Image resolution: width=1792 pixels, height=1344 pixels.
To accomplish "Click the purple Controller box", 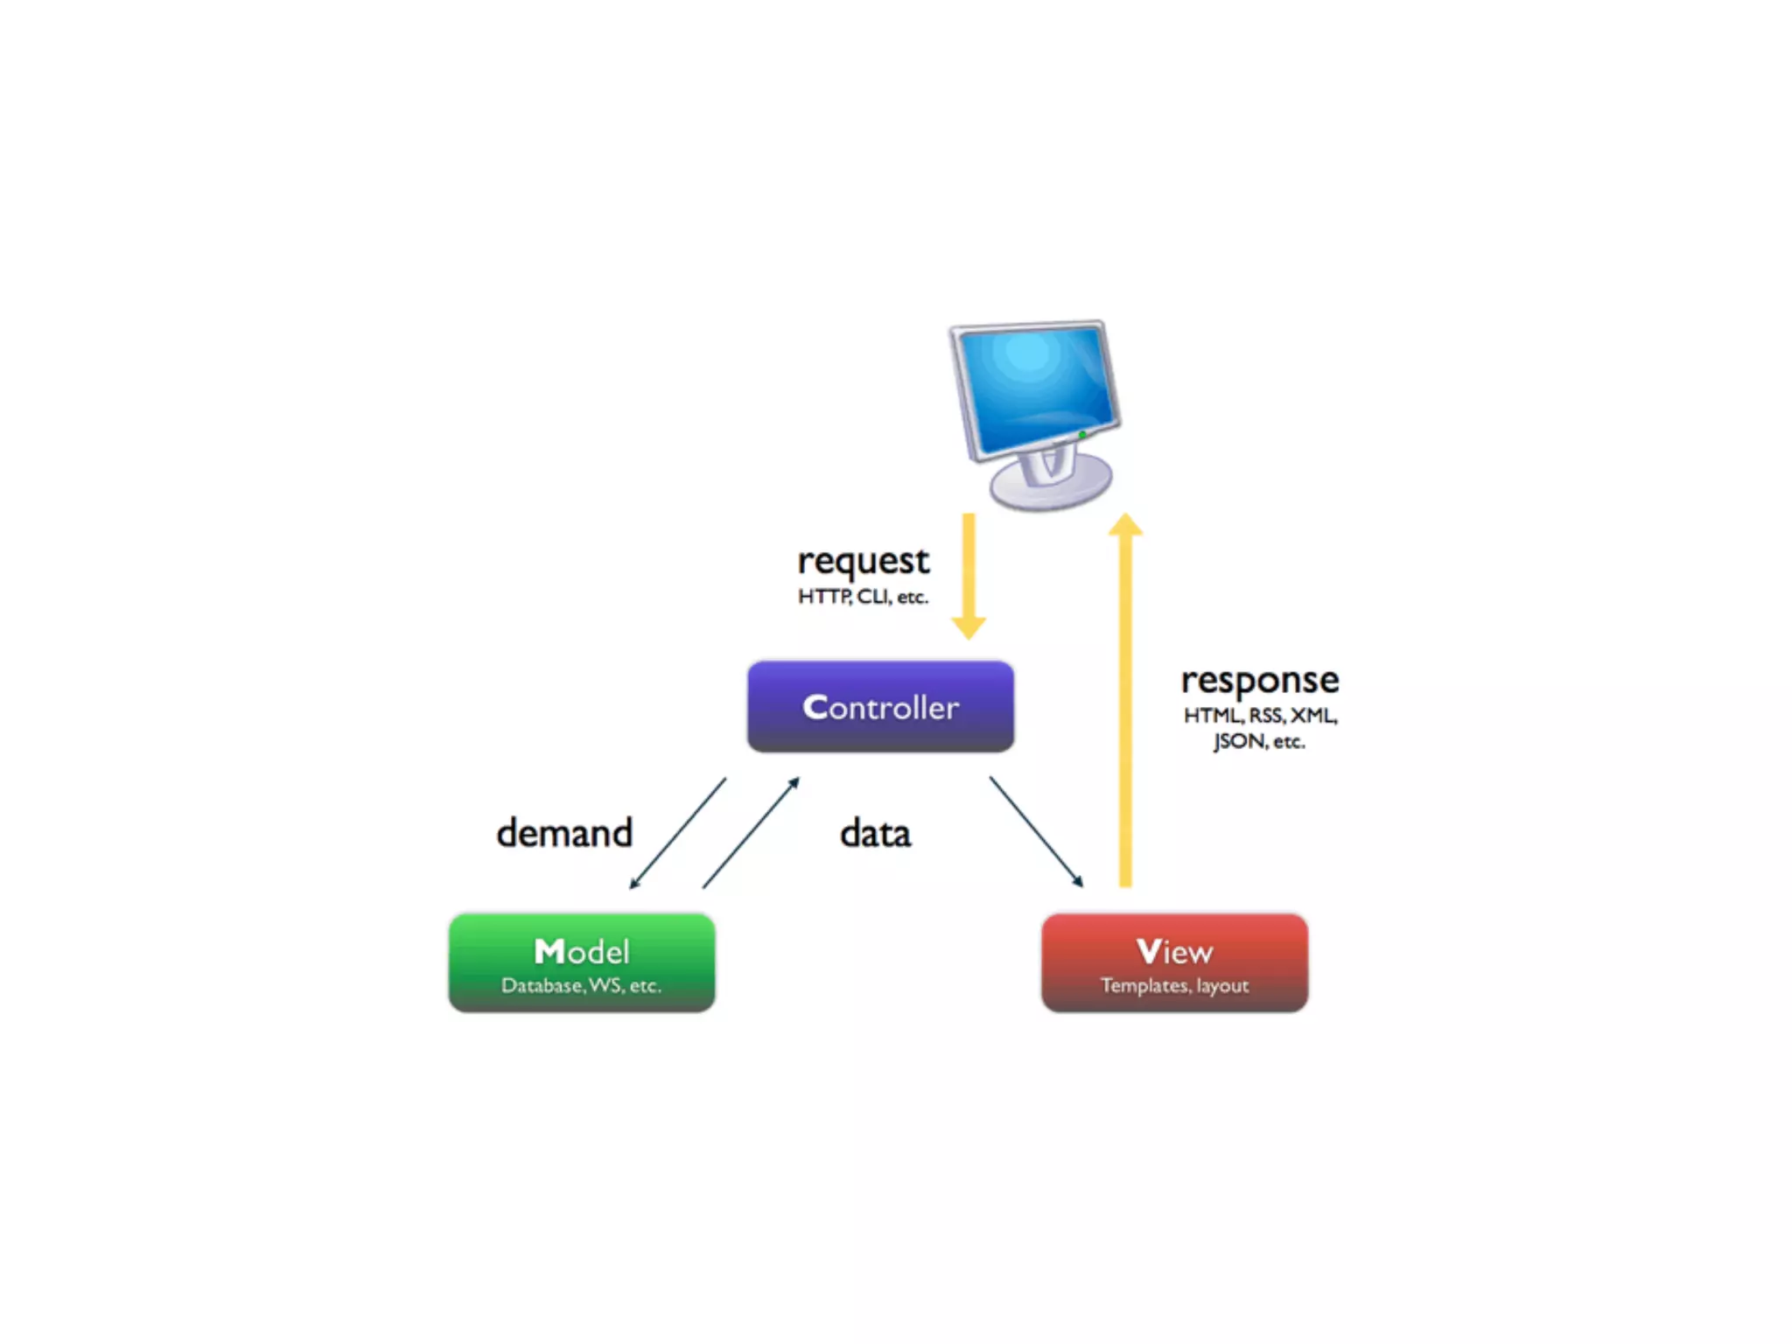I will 880,707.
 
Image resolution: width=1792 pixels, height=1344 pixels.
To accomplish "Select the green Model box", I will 582,962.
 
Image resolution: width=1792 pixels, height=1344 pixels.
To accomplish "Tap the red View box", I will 1174,962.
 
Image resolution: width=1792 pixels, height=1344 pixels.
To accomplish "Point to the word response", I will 1259,681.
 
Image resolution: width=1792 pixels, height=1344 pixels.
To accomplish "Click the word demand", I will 564,833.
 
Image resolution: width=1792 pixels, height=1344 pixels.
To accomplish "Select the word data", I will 875,834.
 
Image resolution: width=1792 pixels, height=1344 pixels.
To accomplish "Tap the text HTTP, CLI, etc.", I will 863,597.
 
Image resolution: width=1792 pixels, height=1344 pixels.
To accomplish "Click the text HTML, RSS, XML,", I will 1260,716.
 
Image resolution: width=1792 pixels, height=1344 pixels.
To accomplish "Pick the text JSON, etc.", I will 1258,742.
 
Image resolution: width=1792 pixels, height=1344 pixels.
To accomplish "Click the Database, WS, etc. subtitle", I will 581,986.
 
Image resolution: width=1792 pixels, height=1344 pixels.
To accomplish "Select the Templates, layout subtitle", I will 1174,986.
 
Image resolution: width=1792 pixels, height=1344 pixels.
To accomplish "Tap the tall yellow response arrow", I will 1125,700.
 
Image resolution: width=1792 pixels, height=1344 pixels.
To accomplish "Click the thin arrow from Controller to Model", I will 678,833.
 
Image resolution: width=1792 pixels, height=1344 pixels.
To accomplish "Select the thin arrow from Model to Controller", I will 751,833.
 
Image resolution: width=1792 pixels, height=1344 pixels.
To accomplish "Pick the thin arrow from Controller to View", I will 1036,831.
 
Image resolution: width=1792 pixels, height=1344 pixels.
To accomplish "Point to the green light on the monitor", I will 1082,435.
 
